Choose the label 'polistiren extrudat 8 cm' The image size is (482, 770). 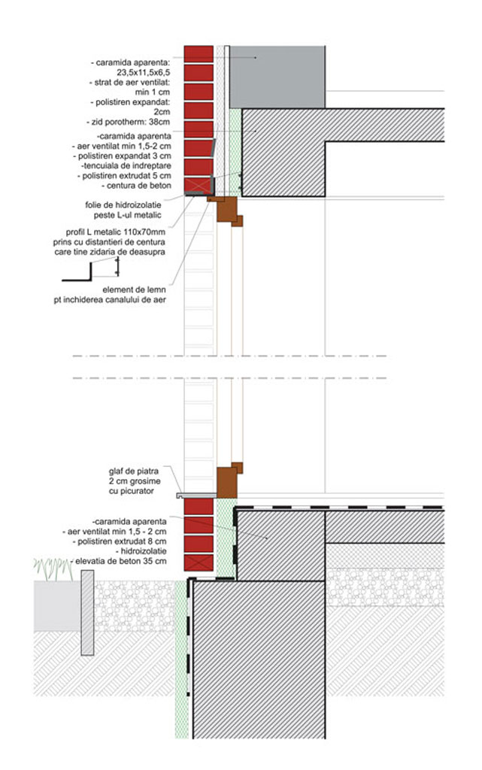coord(128,541)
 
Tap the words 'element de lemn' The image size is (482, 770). coord(135,289)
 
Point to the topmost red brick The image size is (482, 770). coord(199,53)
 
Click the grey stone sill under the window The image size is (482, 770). coord(196,495)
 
